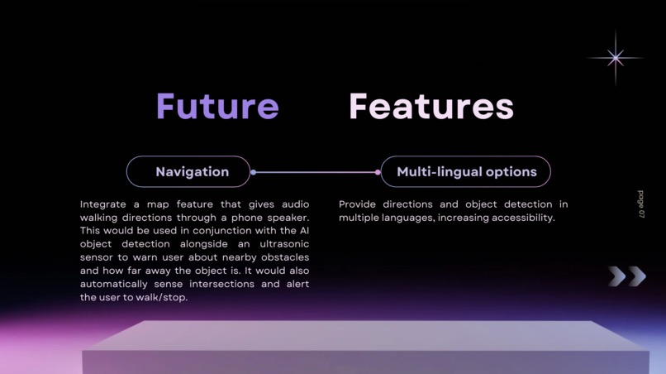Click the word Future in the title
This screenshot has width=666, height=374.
217,107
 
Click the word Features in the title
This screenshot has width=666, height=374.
431,107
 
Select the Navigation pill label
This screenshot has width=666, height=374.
192,172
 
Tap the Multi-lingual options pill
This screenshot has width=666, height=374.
467,172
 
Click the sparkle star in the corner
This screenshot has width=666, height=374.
615,58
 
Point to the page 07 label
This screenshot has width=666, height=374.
641,204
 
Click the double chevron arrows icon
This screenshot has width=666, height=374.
627,276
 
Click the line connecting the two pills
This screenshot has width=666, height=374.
316,172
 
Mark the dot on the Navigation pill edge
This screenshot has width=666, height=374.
253,172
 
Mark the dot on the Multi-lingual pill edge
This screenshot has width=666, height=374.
378,172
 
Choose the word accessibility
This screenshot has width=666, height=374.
520,218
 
